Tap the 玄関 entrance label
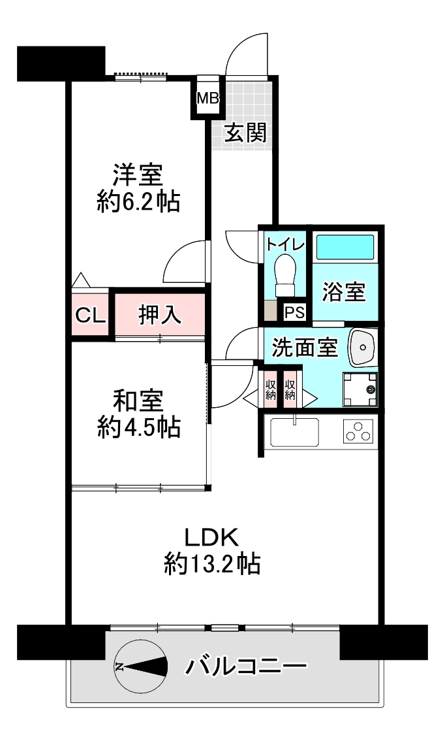coord(245,133)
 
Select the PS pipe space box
coord(294,312)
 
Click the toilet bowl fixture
coord(284,275)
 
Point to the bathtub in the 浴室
coord(345,247)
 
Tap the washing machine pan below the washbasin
coord(360,389)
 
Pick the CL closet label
coord(90,316)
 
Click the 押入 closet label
coord(159,314)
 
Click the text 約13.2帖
coord(212,563)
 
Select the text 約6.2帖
coord(139,202)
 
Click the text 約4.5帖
coord(139,427)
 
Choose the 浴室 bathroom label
coord(344,291)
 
